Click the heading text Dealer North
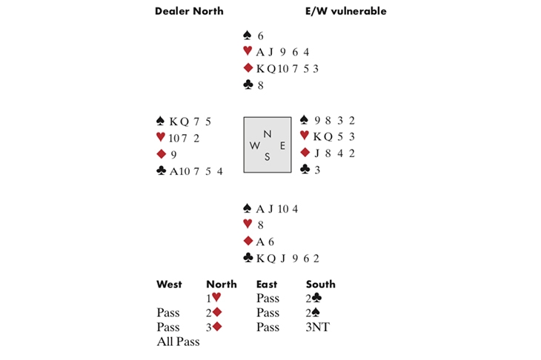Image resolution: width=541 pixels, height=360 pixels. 189,11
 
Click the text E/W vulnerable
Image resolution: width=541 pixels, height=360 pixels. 345,11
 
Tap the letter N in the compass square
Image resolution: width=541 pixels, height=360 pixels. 268,133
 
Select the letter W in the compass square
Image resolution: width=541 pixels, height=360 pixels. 254,146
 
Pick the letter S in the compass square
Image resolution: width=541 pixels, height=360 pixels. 268,158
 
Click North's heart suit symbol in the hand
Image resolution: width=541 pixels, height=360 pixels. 248,51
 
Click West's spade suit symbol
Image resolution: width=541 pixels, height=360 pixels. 160,121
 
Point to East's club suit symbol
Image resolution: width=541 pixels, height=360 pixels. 305,170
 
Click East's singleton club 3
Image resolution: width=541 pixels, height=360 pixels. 316,170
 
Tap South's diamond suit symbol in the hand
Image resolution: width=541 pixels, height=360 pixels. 248,240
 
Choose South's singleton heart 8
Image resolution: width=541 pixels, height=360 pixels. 260,224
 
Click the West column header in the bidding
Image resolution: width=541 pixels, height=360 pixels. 169,284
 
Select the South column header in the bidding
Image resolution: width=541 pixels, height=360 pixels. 320,284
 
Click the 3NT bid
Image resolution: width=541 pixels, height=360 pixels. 318,327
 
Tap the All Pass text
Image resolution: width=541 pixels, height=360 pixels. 178,341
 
